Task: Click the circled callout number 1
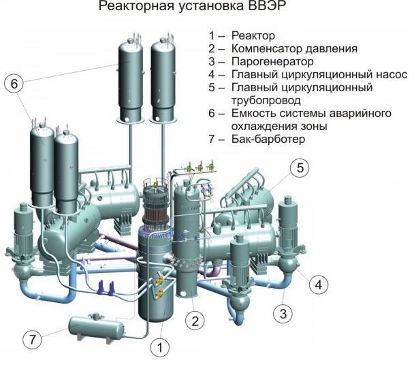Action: (x=160, y=347)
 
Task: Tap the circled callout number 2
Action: (x=195, y=321)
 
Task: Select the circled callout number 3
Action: (x=283, y=314)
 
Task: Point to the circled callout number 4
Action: (x=319, y=284)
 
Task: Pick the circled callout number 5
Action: (x=300, y=168)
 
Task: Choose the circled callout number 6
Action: (x=14, y=84)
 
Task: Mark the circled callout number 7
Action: (x=32, y=339)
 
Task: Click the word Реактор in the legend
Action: (x=253, y=35)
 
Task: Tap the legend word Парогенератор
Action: (x=272, y=62)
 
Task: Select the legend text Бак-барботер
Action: (x=268, y=139)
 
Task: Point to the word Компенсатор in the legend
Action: (x=266, y=48)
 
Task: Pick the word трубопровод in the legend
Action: (x=266, y=101)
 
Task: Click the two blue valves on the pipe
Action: (x=106, y=288)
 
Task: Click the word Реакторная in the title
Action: (x=136, y=6)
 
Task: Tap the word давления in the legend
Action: (x=331, y=49)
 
